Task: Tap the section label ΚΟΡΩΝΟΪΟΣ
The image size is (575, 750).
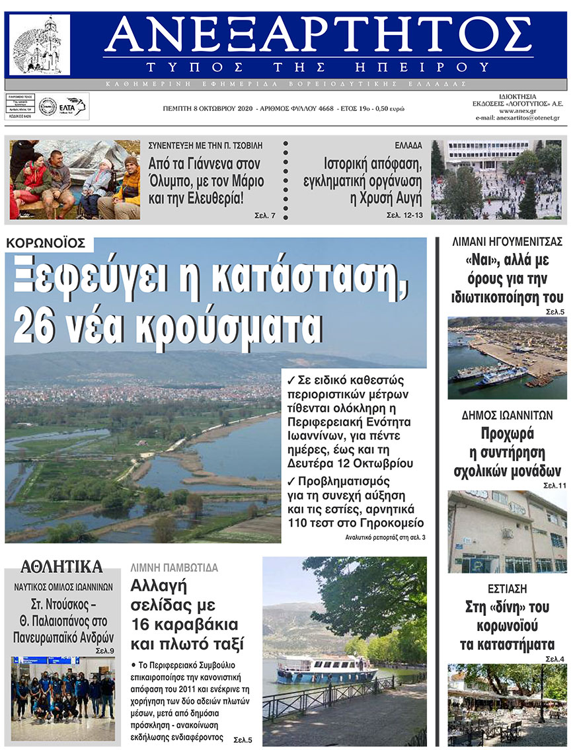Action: pyautogui.click(x=49, y=243)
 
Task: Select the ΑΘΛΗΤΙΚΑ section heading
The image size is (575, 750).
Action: pyautogui.click(x=61, y=566)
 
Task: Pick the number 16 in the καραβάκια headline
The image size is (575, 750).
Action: pyautogui.click(x=142, y=624)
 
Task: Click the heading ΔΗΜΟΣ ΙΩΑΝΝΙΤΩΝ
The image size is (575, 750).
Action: pyautogui.click(x=507, y=416)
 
